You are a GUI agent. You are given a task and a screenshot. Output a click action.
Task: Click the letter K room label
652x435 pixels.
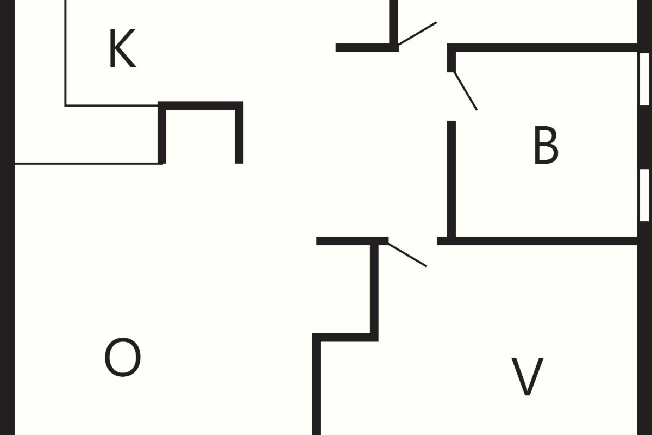tap(123, 48)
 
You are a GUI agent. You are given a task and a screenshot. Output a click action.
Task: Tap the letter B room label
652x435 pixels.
tap(546, 145)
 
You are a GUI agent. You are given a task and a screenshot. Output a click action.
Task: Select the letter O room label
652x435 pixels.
tap(123, 357)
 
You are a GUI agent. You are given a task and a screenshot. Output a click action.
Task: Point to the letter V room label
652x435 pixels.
tap(528, 376)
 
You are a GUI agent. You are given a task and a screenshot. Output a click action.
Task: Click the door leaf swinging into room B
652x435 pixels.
tap(466, 91)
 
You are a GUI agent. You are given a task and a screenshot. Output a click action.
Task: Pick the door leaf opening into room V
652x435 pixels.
tap(407, 254)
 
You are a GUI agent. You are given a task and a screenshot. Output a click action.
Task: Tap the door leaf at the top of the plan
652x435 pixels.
tap(417, 34)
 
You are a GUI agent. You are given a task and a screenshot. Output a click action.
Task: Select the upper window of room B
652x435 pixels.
tap(644, 79)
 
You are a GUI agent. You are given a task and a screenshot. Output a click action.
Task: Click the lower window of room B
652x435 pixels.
tap(644, 195)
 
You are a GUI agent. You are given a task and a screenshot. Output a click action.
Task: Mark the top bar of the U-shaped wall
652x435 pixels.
tap(200, 106)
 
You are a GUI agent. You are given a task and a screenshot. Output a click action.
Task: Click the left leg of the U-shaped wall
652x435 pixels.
tap(162, 133)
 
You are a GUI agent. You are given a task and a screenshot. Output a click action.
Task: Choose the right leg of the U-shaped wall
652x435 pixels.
tap(239, 133)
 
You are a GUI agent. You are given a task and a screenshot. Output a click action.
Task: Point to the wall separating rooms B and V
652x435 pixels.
tap(537, 241)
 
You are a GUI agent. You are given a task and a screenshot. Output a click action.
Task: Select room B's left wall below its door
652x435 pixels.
tap(452, 181)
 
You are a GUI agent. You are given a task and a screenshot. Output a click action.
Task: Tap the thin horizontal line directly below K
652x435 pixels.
tap(111, 105)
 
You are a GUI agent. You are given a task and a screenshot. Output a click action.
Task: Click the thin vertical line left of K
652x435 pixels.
tap(66, 53)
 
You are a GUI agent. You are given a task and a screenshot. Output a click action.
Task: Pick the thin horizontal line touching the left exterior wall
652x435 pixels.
tap(89, 164)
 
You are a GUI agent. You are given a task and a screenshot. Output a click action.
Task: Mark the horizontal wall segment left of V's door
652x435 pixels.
tap(353, 241)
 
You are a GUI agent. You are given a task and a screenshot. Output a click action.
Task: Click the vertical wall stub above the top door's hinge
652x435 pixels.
tap(394, 24)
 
